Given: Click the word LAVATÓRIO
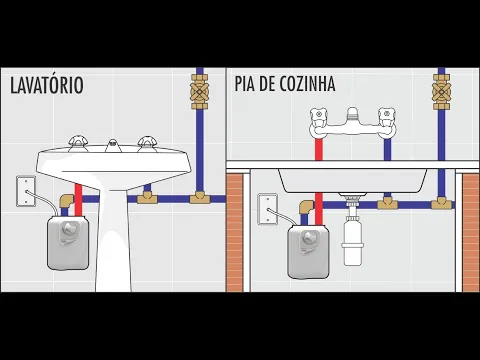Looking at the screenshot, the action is click(x=46, y=86).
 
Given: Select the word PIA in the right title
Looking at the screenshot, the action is click(x=247, y=86).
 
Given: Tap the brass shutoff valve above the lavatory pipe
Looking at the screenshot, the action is click(x=198, y=96).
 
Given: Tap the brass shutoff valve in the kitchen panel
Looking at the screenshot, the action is click(x=441, y=94).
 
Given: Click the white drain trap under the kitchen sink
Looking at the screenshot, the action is click(x=352, y=240).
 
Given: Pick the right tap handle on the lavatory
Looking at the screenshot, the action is click(x=147, y=142).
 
